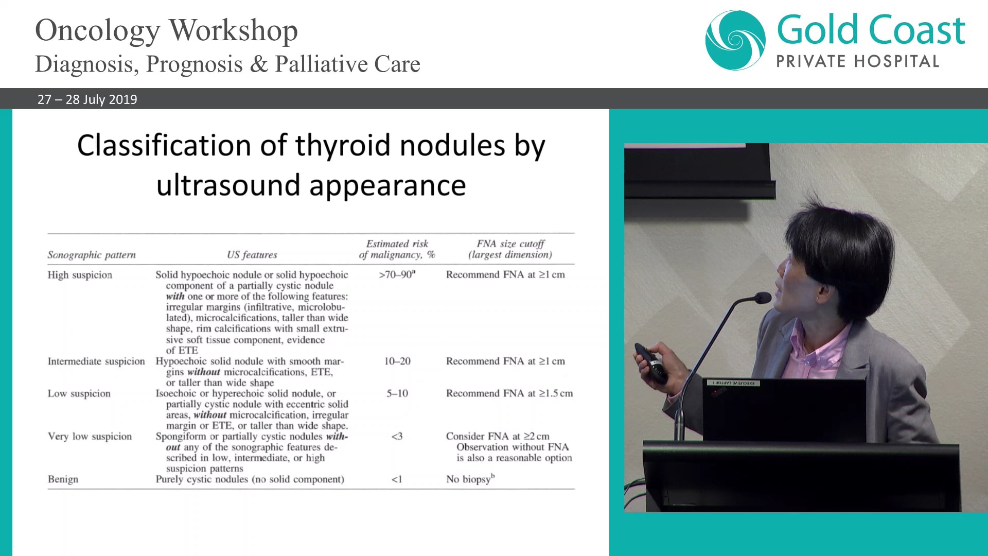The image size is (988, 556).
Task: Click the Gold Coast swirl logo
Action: tap(735, 40)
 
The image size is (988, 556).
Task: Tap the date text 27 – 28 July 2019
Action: tap(87, 99)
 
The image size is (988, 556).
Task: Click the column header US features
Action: tap(252, 255)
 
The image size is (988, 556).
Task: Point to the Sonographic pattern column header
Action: tap(92, 255)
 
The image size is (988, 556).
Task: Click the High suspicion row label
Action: tap(80, 275)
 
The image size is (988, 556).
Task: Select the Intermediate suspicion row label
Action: tap(96, 361)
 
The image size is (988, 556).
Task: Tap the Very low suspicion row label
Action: tap(90, 437)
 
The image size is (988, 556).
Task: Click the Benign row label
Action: tap(63, 479)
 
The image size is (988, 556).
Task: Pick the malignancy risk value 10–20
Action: tap(397, 361)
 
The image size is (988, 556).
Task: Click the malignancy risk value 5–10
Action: tap(397, 394)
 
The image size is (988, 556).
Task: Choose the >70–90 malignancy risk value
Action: tap(397, 275)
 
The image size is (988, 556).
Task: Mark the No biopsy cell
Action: tap(470, 479)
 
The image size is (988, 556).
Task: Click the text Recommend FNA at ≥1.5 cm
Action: tap(509, 394)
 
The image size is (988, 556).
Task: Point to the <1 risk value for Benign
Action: tap(396, 480)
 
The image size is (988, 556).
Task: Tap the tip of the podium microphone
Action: tap(763, 298)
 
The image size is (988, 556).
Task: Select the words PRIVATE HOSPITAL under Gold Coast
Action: tap(857, 62)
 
